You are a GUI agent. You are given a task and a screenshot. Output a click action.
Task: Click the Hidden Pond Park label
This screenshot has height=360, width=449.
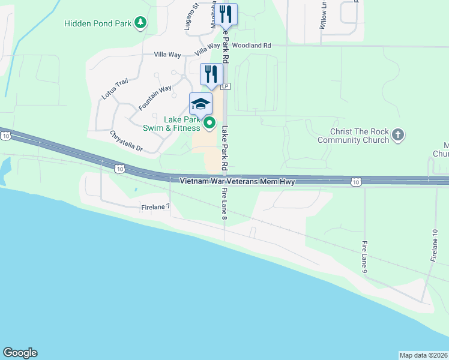[x=98, y=23]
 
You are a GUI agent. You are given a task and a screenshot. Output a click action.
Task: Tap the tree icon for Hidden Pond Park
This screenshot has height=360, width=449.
[x=141, y=23]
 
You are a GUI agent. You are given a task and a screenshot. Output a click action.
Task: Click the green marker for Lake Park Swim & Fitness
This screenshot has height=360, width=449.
[x=209, y=124]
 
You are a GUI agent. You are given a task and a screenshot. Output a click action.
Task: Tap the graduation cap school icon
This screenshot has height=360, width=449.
[x=201, y=104]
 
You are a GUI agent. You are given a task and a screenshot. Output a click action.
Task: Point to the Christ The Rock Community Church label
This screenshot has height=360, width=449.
[x=360, y=136]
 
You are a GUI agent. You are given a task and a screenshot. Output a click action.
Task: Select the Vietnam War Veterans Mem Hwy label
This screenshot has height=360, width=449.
[x=237, y=181]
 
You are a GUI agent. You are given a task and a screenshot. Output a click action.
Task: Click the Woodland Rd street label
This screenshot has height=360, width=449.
[x=252, y=45]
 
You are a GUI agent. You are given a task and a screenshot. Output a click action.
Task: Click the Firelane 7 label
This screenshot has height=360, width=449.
[x=155, y=206]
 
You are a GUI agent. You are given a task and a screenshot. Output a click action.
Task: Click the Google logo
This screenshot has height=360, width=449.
[x=20, y=353]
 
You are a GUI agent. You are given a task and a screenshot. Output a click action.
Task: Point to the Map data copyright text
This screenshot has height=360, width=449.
[x=423, y=355]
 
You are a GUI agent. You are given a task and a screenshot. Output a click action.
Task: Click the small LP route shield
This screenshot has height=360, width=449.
[x=226, y=86]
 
